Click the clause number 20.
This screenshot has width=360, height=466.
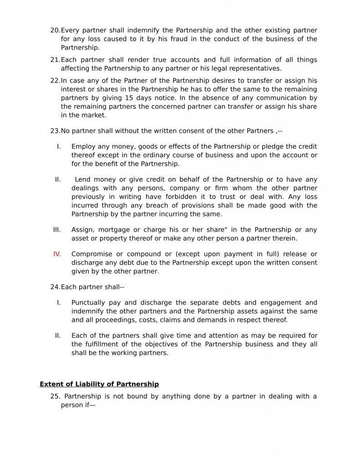tap(55, 30)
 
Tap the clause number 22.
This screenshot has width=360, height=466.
tap(55, 81)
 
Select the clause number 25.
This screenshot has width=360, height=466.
tap(55, 396)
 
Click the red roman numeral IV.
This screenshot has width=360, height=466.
tap(57, 254)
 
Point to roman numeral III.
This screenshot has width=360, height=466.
tap(57, 229)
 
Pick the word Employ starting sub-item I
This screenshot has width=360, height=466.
tap(83, 147)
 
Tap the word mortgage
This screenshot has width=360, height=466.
tap(115, 229)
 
